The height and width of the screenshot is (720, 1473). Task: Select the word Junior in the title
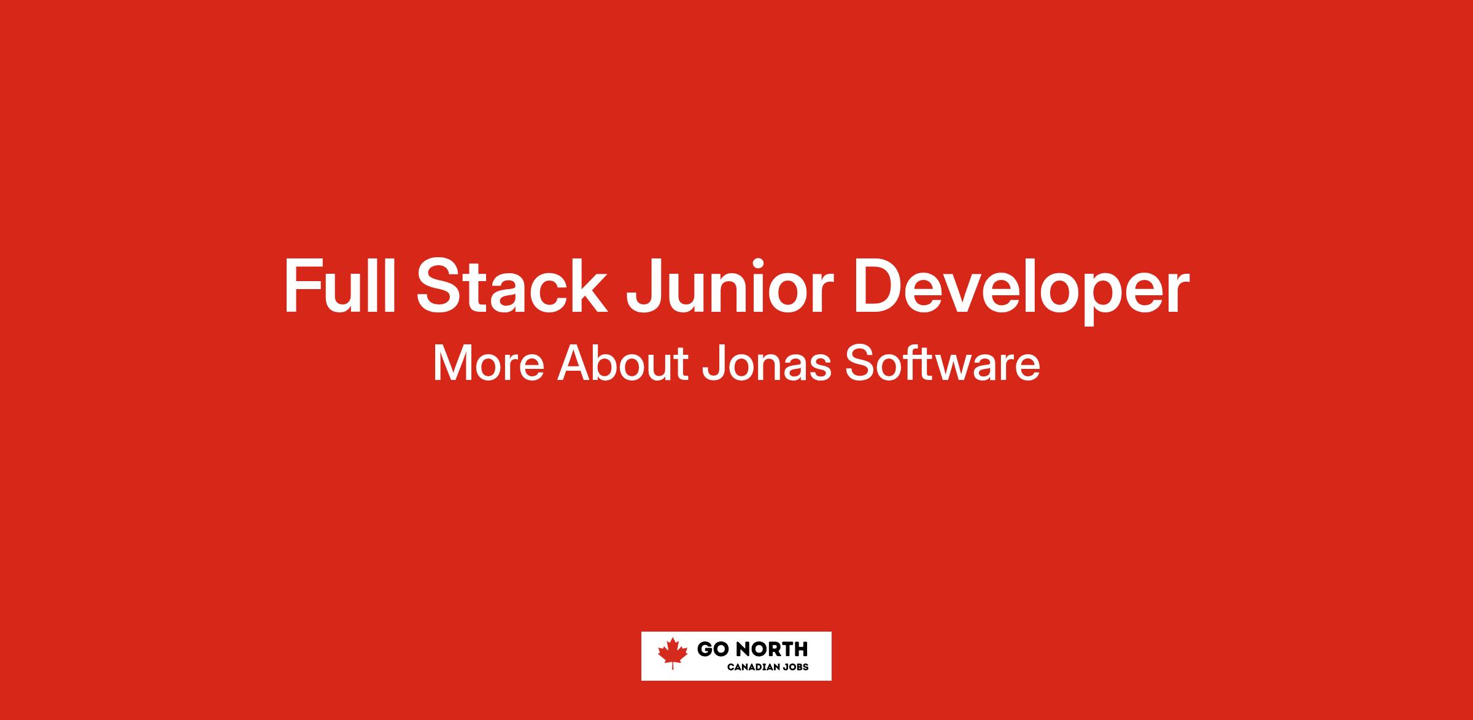tap(730, 287)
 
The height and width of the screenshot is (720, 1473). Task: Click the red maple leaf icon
tap(673, 653)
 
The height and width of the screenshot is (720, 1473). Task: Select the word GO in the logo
tap(713, 649)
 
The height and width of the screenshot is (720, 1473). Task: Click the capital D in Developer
tap(878, 287)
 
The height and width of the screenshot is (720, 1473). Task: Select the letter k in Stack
tap(590, 287)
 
